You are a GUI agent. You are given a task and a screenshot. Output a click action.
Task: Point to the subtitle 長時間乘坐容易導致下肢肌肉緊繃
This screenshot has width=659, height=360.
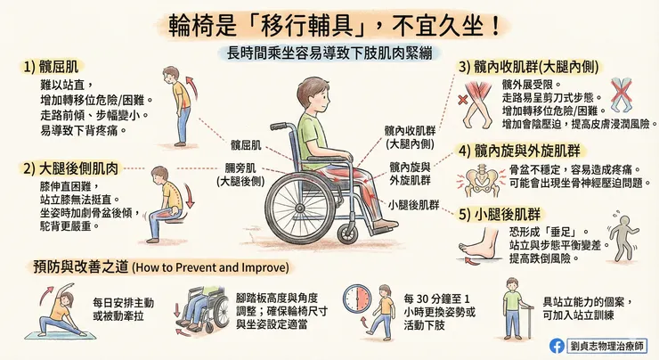(x=329, y=53)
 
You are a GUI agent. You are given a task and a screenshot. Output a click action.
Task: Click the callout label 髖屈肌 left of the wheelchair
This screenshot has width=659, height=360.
(x=245, y=145)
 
